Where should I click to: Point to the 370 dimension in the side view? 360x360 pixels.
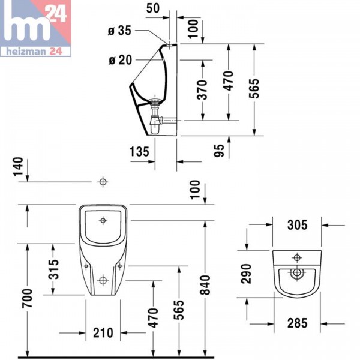click(202, 89)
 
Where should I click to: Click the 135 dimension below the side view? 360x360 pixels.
click(139, 151)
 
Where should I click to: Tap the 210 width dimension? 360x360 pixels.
click(103, 331)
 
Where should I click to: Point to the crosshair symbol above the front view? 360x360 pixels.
click(103, 181)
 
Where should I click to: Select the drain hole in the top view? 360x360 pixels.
click(295, 273)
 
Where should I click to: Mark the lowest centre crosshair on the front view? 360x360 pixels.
click(103, 280)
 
